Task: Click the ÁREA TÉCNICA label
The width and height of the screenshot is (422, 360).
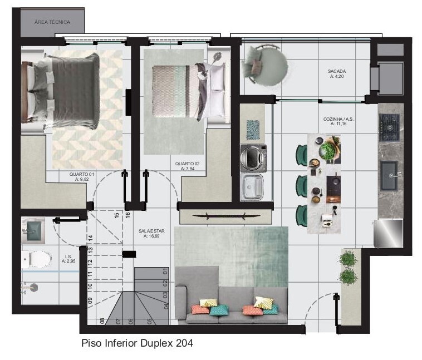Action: pyautogui.click(x=52, y=22)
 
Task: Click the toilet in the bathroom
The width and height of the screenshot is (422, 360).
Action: pyautogui.click(x=36, y=259)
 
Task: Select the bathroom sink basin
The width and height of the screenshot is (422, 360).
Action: pyautogui.click(x=32, y=230)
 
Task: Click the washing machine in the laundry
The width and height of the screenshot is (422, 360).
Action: pyautogui.click(x=253, y=158)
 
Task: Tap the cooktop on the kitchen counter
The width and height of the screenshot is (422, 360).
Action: pyautogui.click(x=389, y=127)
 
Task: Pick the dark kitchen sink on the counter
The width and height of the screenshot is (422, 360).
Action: pyautogui.click(x=389, y=176)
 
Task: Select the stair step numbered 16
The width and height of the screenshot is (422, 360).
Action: pyautogui.click(x=127, y=215)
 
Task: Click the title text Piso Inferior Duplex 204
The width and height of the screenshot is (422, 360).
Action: pyautogui.click(x=138, y=343)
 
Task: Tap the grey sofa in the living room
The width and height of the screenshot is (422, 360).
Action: pyautogui.click(x=232, y=302)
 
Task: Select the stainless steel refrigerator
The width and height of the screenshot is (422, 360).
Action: pyautogui.click(x=389, y=233)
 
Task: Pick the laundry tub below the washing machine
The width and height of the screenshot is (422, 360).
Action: pyautogui.click(x=252, y=187)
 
